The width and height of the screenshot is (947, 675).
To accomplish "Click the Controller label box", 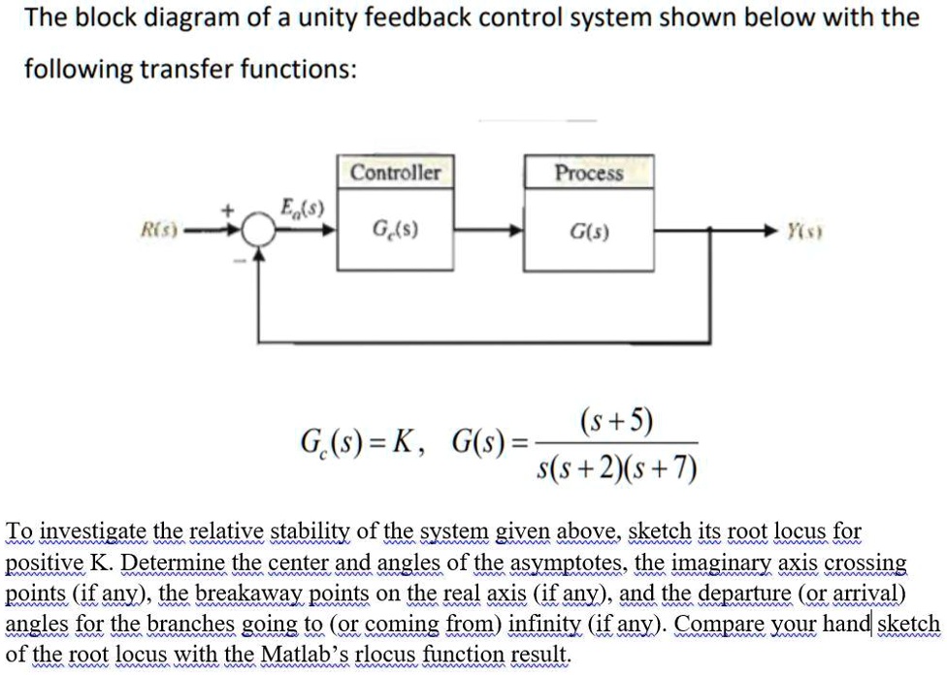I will pyautogui.click(x=395, y=173).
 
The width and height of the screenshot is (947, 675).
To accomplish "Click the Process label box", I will pyautogui.click(x=589, y=173).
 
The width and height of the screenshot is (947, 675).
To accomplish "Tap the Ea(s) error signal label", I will pyautogui.click(x=302, y=207).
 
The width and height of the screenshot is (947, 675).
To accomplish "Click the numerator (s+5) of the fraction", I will pyautogui.click(x=615, y=423).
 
